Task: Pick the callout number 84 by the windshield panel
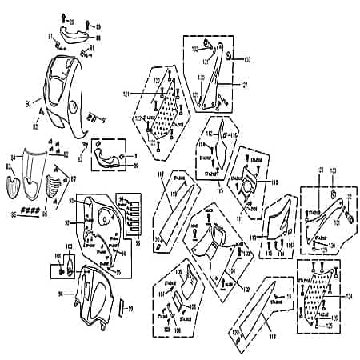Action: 13,157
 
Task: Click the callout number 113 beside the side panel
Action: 251,238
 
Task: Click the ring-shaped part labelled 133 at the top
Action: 230,54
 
